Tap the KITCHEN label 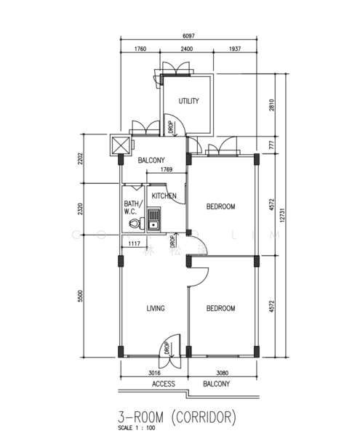(x=164, y=196)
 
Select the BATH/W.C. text (x=132, y=208)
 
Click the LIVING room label (x=155, y=308)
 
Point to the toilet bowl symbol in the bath (x=133, y=225)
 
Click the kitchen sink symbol (x=153, y=219)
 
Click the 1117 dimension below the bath (x=134, y=244)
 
